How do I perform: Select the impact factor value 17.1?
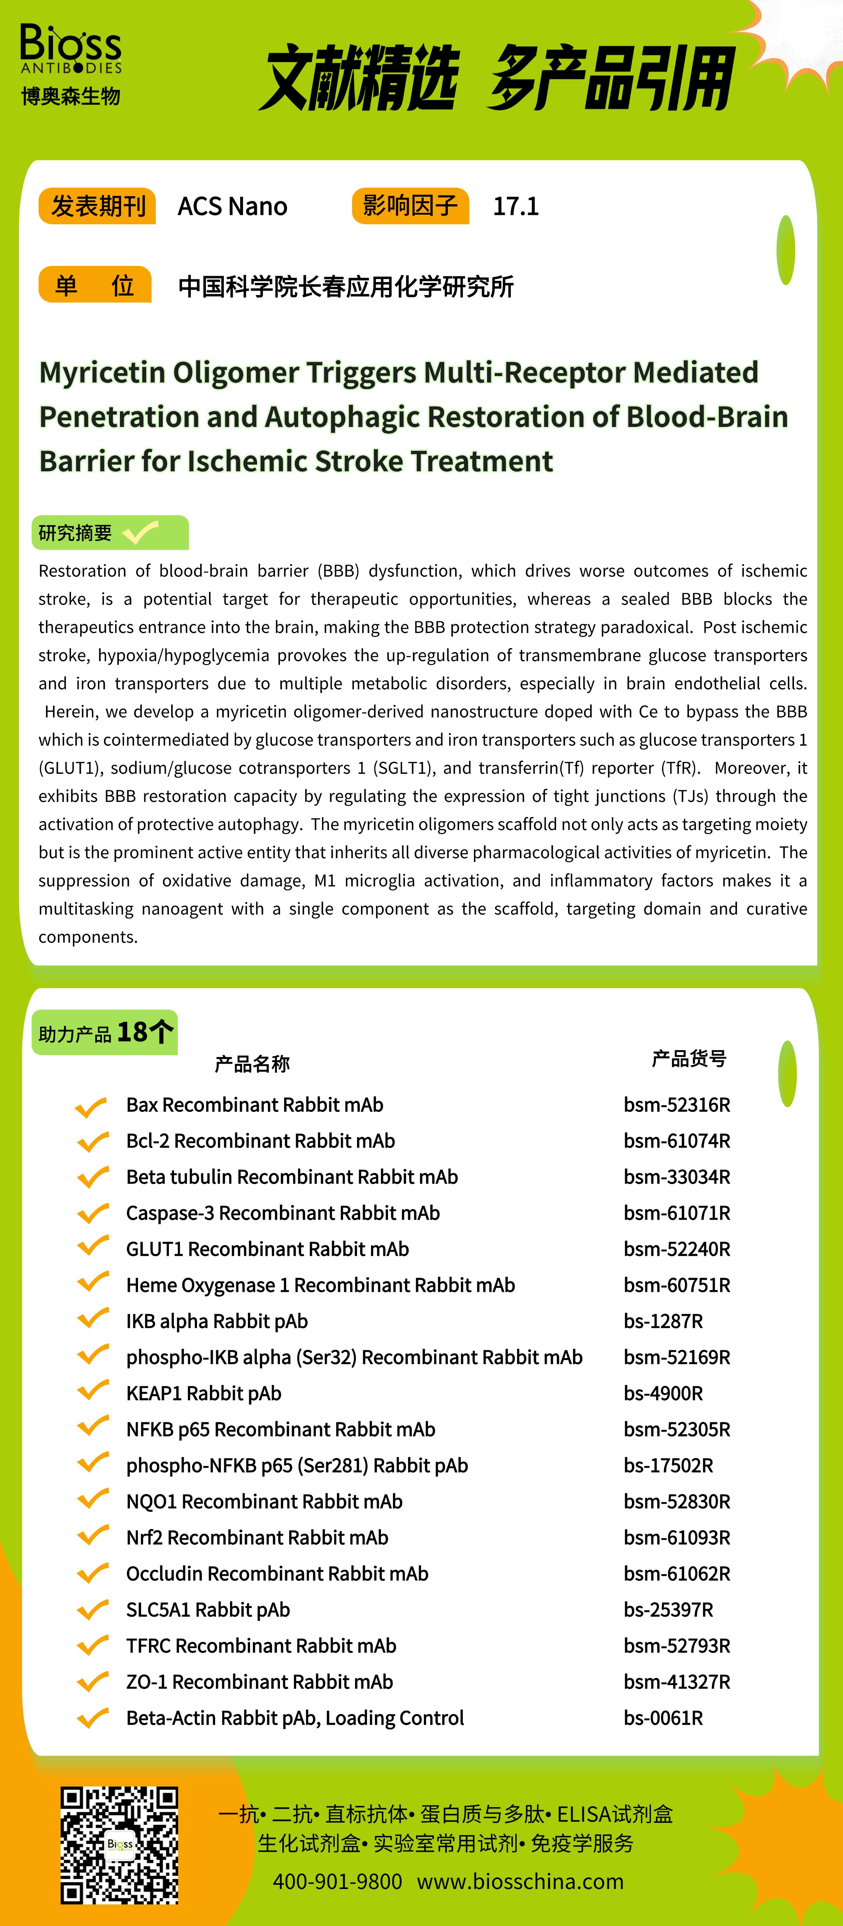coord(515,207)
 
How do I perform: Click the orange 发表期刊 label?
coord(97,207)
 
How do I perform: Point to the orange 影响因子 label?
coord(410,206)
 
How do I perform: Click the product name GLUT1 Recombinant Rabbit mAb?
coord(267,1249)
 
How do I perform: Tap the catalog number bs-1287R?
coord(663,1321)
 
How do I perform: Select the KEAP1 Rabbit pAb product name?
coord(204,1394)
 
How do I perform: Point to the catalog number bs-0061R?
coord(663,1718)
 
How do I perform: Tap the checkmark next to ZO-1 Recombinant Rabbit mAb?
coord(93,1682)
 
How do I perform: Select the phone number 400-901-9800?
coord(337,1881)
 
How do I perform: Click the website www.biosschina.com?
coord(520,1881)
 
